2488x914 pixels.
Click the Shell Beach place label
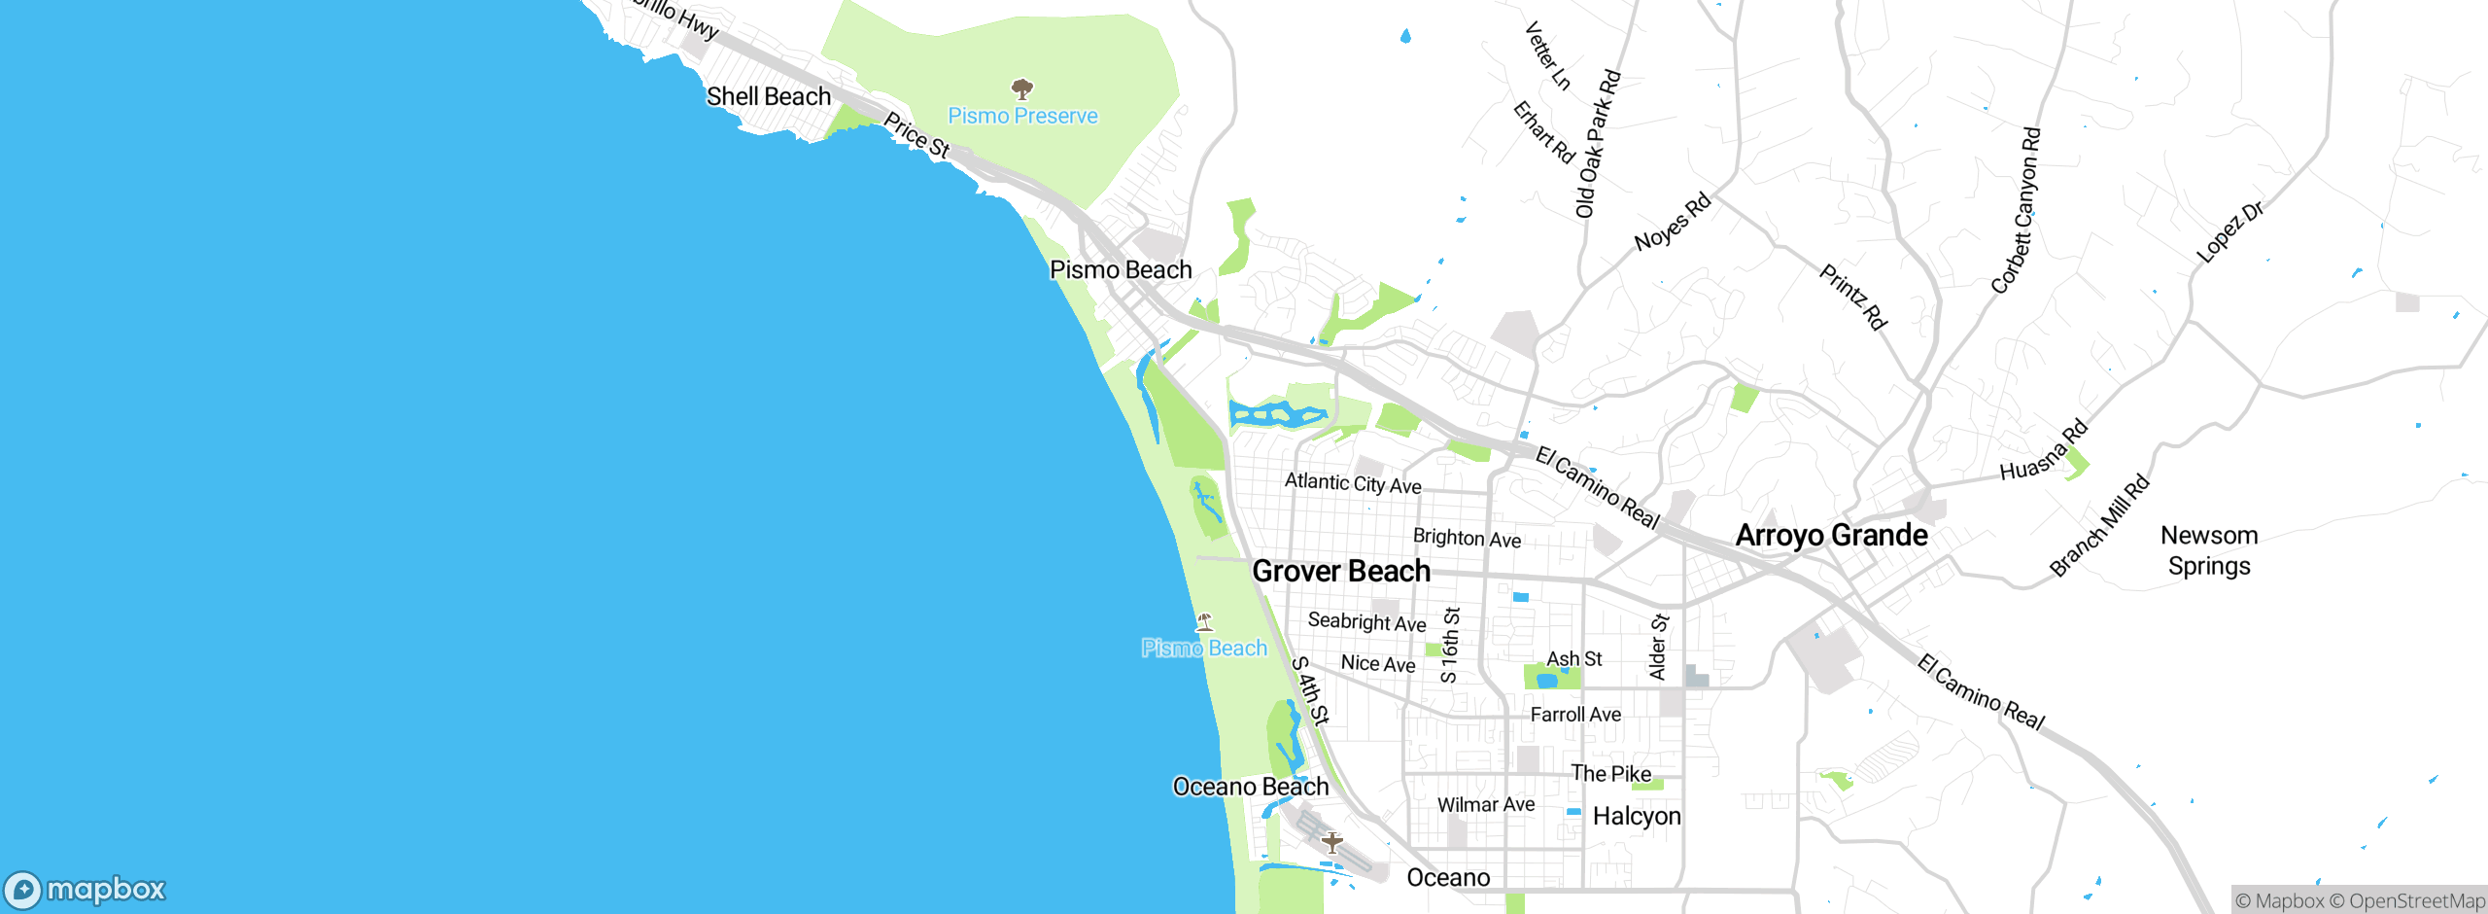[x=769, y=96]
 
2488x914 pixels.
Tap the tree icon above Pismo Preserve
[x=1021, y=89]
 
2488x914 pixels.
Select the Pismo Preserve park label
[x=1022, y=116]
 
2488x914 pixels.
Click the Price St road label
[x=916, y=135]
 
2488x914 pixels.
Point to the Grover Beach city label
[x=1341, y=571]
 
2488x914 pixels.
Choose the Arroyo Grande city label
[x=1831, y=535]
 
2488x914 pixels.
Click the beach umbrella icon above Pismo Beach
[x=1204, y=621]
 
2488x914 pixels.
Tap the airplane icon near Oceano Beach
[x=1331, y=842]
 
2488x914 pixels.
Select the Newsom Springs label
[x=2209, y=550]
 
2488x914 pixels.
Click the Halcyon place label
[x=1637, y=816]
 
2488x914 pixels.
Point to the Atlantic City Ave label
[x=1353, y=483]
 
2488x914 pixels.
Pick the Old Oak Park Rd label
[x=1598, y=143]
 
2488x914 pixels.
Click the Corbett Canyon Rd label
[x=2017, y=210]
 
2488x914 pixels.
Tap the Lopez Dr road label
[x=2229, y=231]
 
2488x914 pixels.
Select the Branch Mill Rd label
[x=2099, y=526]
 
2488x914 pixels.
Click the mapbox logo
[x=86, y=890]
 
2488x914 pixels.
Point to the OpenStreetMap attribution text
[x=2416, y=901]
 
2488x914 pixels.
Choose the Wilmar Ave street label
[x=1486, y=804]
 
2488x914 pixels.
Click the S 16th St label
[x=1450, y=645]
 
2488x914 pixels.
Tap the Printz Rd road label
[x=1852, y=297]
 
